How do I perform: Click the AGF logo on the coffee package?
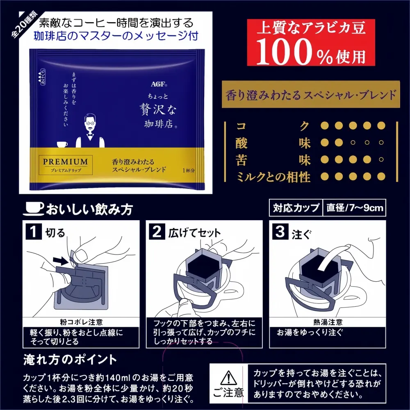coord(159,84)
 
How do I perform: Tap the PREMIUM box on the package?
coord(65,165)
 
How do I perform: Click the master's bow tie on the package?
coord(90,137)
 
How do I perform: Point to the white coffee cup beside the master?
coord(62,144)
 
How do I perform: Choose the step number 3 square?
coord(280,231)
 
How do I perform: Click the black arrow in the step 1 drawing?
coord(61,260)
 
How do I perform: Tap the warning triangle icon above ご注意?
coord(228,378)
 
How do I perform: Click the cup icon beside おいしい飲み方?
coord(34,209)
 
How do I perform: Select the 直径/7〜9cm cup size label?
coord(355,208)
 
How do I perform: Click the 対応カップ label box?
coord(296,208)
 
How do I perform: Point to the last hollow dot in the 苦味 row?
coord(381,159)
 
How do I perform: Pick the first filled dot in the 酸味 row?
coord(324,143)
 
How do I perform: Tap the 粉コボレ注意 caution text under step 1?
coord(81,322)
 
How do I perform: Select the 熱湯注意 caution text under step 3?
coord(328,322)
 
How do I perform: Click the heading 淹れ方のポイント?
coord(70,360)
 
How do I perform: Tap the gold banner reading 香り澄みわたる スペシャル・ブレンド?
coord(311,94)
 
